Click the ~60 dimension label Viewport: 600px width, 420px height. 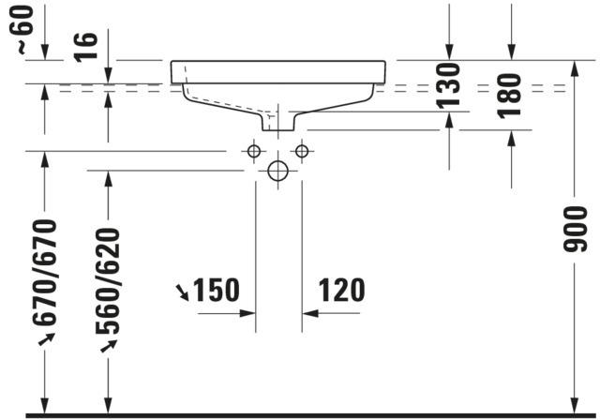coord(22,29)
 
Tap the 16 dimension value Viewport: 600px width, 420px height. coord(85,47)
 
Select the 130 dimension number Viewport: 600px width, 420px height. coord(448,86)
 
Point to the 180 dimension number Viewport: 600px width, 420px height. coord(509,96)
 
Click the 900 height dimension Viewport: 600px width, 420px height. coord(575,229)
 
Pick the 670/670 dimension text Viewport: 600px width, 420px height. coord(45,273)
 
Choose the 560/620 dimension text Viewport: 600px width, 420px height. coord(108,280)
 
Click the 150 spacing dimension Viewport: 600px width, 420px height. coord(217,291)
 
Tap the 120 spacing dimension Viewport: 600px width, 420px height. coord(341,291)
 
